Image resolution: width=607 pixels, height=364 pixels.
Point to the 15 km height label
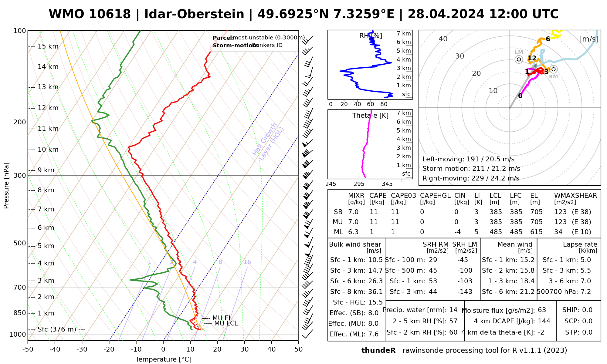point(48,46)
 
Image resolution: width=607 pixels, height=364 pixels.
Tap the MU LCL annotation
point(226,323)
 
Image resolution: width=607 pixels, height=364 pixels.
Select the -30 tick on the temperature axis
point(82,349)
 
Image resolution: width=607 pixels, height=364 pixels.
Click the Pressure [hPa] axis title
point(6,186)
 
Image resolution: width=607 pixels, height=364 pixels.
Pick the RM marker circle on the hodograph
point(554,69)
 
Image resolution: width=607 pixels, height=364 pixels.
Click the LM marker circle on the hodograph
point(519,59)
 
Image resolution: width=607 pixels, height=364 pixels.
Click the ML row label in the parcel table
point(338,232)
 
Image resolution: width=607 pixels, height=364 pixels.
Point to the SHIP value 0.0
point(587,310)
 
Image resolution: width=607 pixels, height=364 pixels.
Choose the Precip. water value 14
point(453,310)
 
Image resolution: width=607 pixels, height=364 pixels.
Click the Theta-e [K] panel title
point(370,116)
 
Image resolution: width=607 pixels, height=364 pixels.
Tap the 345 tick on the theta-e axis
point(387,184)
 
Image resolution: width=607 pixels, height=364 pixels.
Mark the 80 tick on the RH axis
point(384,104)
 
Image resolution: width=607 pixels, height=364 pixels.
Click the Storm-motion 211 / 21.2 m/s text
point(471,169)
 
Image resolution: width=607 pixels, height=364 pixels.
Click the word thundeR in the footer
point(378,351)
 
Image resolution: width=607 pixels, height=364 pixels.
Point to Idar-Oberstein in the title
point(194,14)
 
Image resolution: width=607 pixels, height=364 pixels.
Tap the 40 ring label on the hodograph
point(443,39)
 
